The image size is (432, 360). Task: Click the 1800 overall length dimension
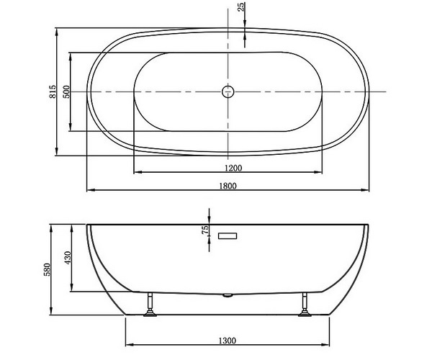(x=228, y=186)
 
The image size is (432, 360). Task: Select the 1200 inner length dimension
(x=228, y=168)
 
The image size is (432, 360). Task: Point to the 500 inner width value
(x=66, y=91)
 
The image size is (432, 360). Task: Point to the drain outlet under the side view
(x=228, y=295)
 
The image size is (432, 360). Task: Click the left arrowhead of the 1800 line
(x=89, y=191)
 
